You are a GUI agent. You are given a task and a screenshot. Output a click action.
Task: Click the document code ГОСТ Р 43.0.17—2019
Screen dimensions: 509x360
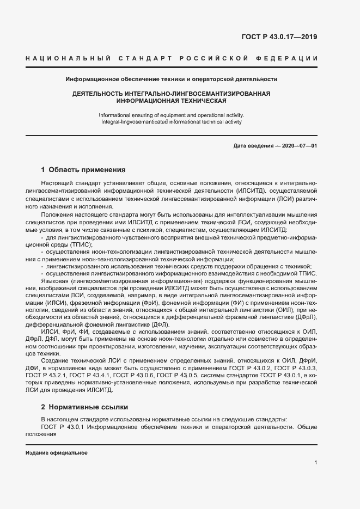pos(279,37)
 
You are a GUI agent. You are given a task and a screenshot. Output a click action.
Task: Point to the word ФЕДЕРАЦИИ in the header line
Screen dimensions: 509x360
pos(291,58)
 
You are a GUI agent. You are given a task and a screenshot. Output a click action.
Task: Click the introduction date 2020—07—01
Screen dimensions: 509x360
pos(299,146)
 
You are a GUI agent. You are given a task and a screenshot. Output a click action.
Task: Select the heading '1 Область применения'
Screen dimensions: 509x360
pos(83,169)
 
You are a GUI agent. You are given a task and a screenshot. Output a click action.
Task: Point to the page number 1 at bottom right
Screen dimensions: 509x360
pos(315,463)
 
